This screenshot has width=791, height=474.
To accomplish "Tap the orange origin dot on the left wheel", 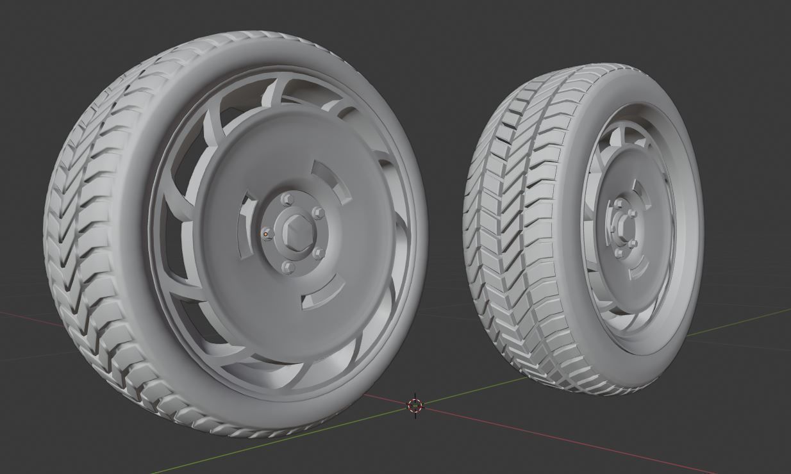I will [x=265, y=234].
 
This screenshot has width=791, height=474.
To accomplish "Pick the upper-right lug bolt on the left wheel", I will [x=317, y=213].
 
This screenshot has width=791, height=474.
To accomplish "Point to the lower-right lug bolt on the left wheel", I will [x=319, y=253].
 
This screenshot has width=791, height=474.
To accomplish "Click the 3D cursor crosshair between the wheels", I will [x=415, y=405].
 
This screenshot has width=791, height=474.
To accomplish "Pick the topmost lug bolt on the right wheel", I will [x=619, y=204].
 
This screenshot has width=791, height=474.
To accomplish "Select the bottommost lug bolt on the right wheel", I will [x=619, y=252].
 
